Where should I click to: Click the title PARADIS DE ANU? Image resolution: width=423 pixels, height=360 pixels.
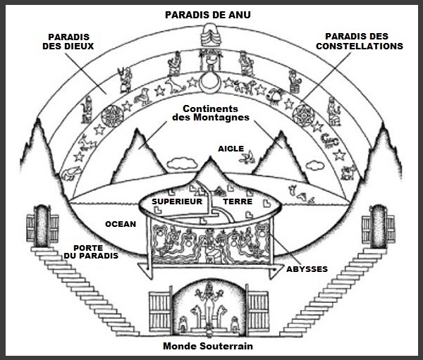click(208, 15)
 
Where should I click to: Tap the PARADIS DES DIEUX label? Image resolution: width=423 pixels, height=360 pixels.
click(68, 42)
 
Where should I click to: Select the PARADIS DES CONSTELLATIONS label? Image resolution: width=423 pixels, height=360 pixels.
click(360, 41)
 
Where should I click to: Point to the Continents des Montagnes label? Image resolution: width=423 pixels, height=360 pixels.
click(211, 113)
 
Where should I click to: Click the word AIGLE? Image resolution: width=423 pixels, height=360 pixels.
click(231, 149)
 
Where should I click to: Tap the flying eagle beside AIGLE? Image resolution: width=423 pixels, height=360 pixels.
click(247, 158)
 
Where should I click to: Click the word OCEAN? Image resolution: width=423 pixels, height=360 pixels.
click(121, 224)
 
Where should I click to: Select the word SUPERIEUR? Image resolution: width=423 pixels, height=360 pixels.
click(177, 201)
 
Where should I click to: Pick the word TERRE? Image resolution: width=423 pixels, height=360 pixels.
click(238, 201)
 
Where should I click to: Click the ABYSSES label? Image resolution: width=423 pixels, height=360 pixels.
click(307, 269)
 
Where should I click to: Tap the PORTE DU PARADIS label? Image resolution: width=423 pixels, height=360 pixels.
click(91, 252)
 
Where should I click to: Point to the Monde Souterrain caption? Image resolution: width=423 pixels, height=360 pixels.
click(208, 346)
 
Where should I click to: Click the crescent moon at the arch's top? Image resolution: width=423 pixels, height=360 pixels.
click(210, 82)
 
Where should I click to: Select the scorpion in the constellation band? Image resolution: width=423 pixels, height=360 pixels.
click(329, 140)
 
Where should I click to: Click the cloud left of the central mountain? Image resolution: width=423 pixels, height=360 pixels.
click(182, 163)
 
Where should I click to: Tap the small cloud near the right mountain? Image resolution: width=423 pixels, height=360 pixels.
click(315, 166)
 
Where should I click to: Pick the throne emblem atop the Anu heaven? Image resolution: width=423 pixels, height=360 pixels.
click(209, 35)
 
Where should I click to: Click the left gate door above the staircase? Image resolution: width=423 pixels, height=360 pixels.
click(42, 226)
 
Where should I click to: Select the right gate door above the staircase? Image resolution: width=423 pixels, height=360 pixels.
click(378, 226)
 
